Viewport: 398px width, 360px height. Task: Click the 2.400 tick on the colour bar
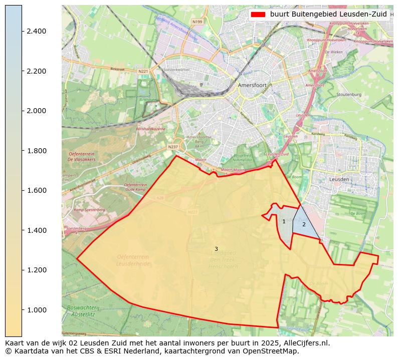37,31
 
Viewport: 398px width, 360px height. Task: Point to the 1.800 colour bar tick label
37,151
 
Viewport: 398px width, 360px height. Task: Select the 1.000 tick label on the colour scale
37,310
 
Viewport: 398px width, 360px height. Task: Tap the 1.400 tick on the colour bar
37,230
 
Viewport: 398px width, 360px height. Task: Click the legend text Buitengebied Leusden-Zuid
328,15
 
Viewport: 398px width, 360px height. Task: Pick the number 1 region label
284,221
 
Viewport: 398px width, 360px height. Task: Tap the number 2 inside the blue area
304,224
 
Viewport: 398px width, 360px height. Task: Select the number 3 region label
216,249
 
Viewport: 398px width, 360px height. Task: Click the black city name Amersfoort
252,86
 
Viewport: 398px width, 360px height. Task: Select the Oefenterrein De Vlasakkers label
81,156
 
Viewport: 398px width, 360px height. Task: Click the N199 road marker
197,22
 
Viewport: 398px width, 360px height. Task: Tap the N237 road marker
173,147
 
